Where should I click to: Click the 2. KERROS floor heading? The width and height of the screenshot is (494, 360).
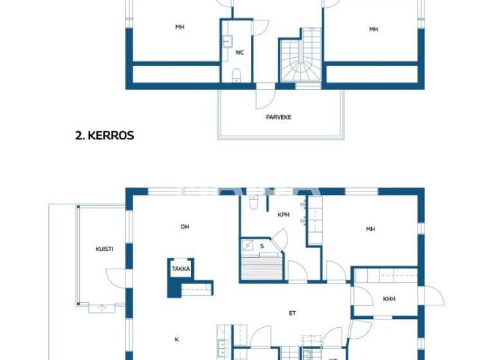104,136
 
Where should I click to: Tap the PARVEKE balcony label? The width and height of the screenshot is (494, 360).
279,117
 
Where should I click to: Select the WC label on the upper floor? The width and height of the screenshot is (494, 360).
239,53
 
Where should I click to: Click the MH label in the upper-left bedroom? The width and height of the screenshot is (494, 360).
179,28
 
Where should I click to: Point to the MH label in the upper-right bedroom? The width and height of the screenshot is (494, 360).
373,29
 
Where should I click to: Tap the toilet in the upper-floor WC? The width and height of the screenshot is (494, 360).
236,75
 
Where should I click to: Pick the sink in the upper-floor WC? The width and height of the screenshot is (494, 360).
226,42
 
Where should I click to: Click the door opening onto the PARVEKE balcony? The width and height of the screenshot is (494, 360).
265,96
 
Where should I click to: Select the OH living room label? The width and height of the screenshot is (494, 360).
185,226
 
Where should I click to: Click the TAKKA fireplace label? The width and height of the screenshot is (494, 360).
181,269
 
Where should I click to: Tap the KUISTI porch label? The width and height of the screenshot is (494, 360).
105,249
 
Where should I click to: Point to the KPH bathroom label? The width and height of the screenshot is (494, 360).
283,215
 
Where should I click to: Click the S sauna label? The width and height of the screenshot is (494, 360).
262,246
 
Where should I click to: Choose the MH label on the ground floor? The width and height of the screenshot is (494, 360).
370,229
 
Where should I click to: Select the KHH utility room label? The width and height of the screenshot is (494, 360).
389,299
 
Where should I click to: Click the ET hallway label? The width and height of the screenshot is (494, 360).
291,314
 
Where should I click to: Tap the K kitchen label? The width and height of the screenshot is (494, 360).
176,339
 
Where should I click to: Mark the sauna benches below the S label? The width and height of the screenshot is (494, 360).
261,267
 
